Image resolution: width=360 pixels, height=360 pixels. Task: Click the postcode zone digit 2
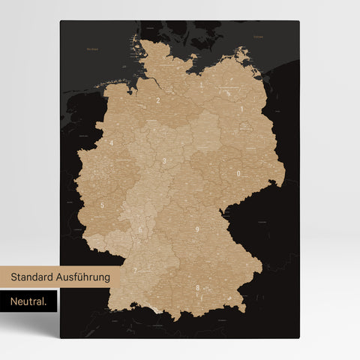click(x=158, y=99)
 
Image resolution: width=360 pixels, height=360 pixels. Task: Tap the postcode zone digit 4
click(x=112, y=142)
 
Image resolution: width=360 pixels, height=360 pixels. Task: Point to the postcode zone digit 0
click(x=238, y=173)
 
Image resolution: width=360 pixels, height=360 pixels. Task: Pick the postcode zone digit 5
click(x=102, y=205)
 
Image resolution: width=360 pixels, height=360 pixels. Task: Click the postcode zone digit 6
click(x=140, y=229)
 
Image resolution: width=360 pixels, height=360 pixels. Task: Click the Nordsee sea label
click(x=92, y=49)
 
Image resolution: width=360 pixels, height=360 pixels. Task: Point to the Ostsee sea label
click(x=259, y=34)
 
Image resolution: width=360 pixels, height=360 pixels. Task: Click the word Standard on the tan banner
click(x=35, y=277)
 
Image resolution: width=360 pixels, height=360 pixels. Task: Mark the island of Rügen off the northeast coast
click(x=241, y=55)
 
